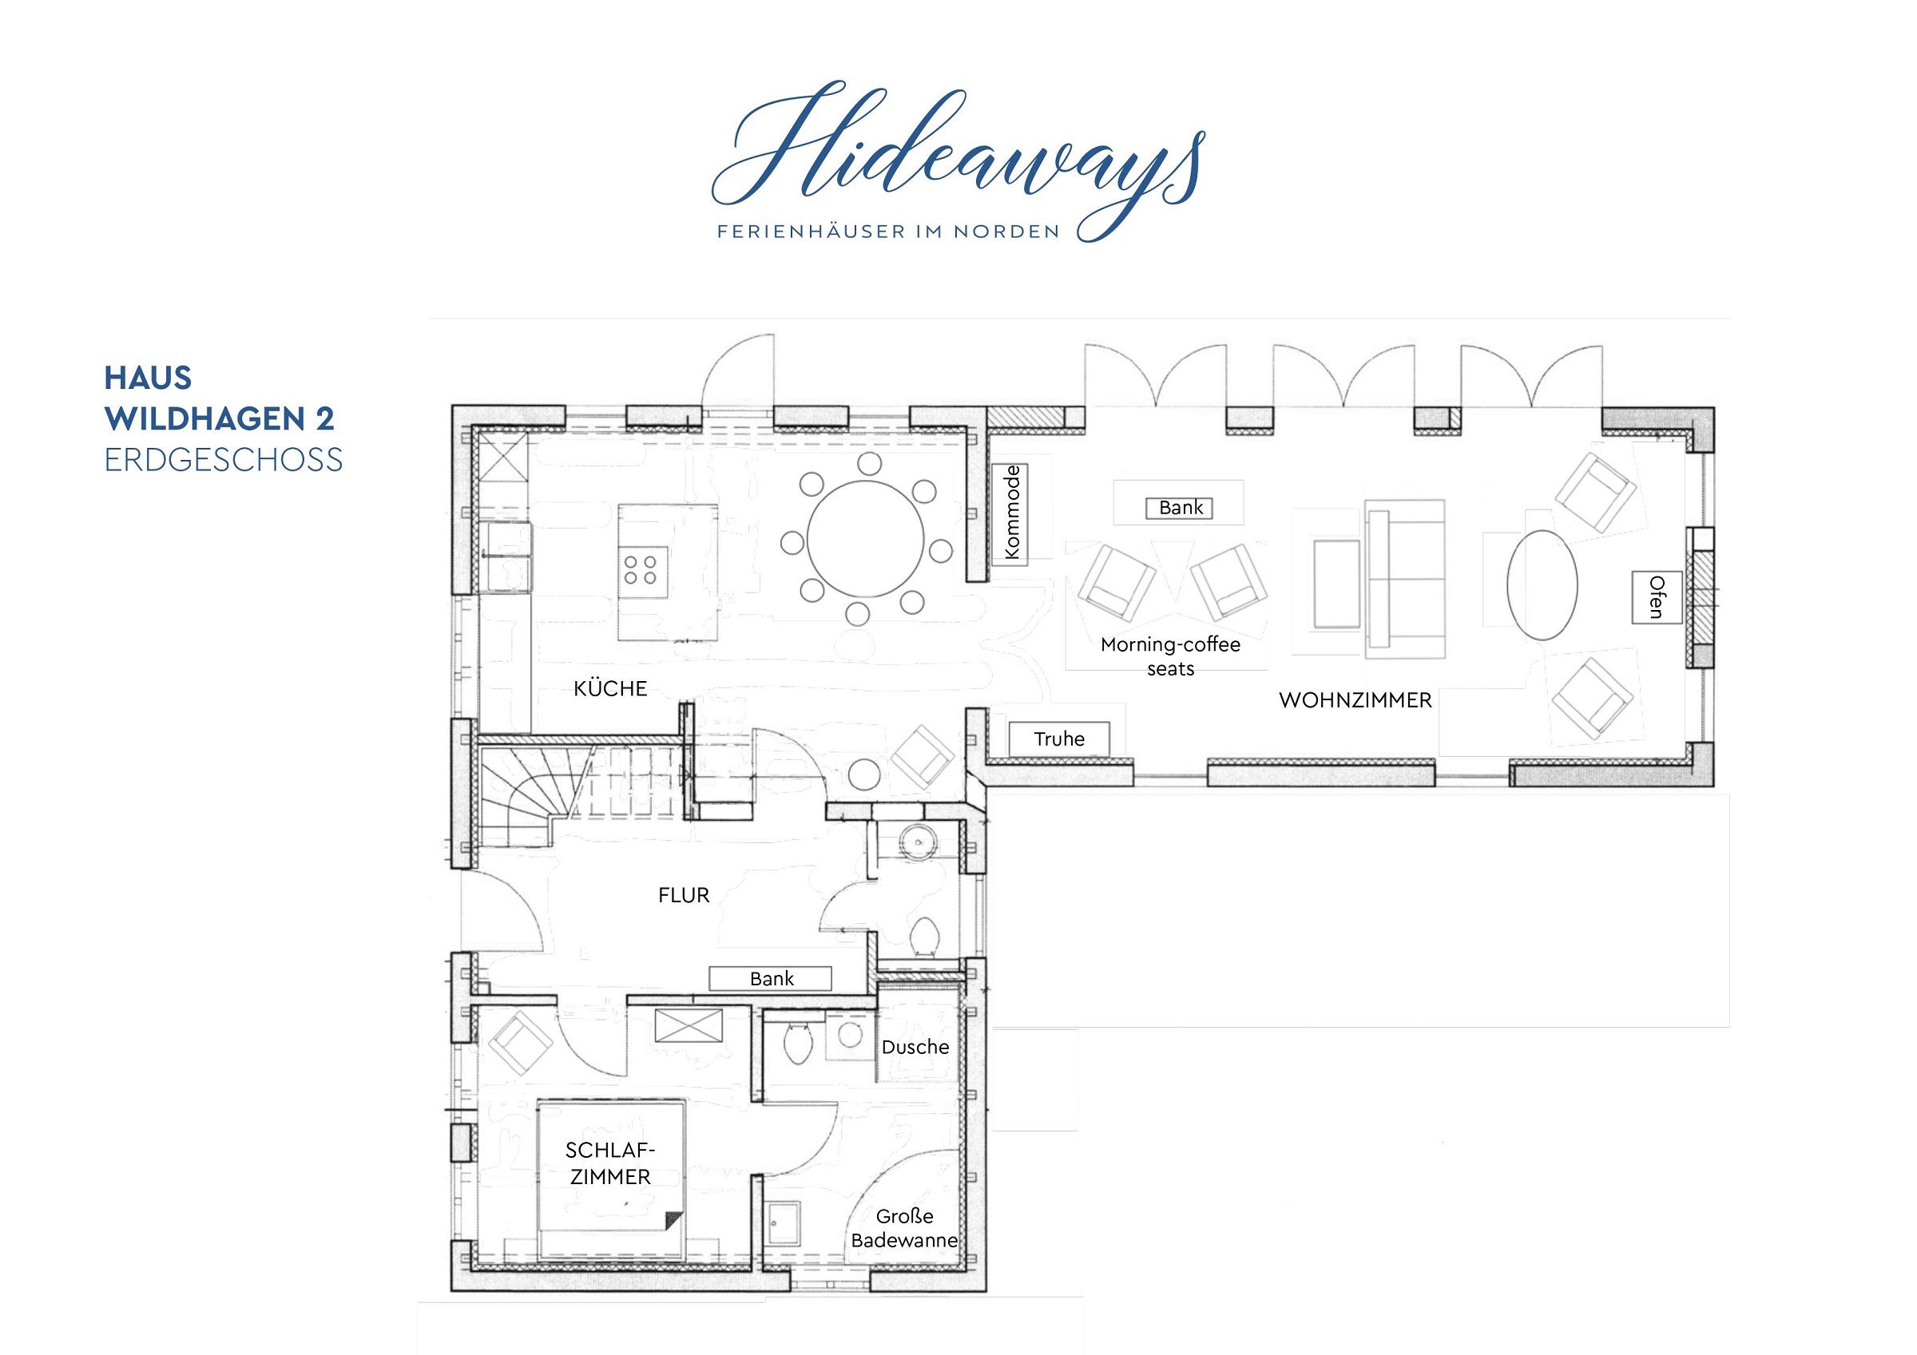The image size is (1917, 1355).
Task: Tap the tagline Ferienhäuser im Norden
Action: (887, 232)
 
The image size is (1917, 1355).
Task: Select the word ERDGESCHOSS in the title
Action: (224, 460)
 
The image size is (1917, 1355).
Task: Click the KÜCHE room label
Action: (610, 688)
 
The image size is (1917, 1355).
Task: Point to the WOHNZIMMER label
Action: (1355, 700)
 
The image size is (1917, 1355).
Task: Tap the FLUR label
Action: (684, 895)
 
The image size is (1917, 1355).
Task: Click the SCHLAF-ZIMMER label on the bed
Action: (609, 1163)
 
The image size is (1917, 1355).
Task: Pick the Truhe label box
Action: (1058, 739)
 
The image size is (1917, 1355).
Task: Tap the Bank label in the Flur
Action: (771, 978)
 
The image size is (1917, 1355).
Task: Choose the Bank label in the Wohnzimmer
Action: (1181, 507)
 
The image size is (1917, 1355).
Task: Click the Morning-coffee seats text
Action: (1171, 656)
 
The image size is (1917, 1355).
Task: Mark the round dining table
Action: (866, 539)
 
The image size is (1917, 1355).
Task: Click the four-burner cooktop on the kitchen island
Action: (642, 571)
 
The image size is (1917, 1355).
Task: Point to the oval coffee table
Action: (1542, 585)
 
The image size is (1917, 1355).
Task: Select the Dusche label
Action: (915, 1047)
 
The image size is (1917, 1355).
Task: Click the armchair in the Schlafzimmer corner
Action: (520, 1042)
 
